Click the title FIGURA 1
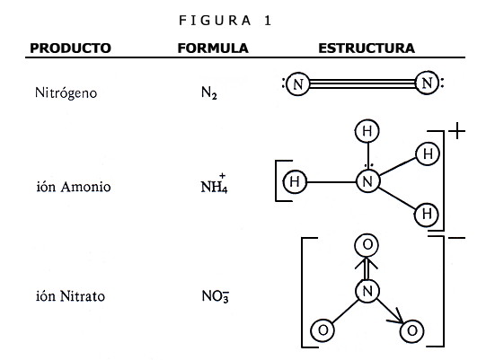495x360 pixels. (x=225, y=21)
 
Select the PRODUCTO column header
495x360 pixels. (x=70, y=48)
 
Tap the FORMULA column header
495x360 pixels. (x=213, y=48)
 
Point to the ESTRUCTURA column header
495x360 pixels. (x=367, y=48)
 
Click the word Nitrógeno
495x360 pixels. (x=66, y=93)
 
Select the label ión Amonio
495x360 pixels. (x=74, y=187)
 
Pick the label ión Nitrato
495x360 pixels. (x=70, y=296)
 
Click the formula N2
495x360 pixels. (x=209, y=93)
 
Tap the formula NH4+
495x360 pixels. (x=214, y=184)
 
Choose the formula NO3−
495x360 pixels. (x=216, y=296)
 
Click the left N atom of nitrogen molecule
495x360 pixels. (x=297, y=84)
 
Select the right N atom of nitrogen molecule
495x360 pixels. (x=427, y=83)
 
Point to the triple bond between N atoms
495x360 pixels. (x=362, y=83)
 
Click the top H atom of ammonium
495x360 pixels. (x=367, y=131)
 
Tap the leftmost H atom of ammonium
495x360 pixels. (x=295, y=181)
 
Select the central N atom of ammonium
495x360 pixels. (x=367, y=181)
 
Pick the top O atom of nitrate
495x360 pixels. (x=367, y=245)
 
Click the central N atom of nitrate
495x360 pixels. (x=367, y=291)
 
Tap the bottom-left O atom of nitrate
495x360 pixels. (x=323, y=330)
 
